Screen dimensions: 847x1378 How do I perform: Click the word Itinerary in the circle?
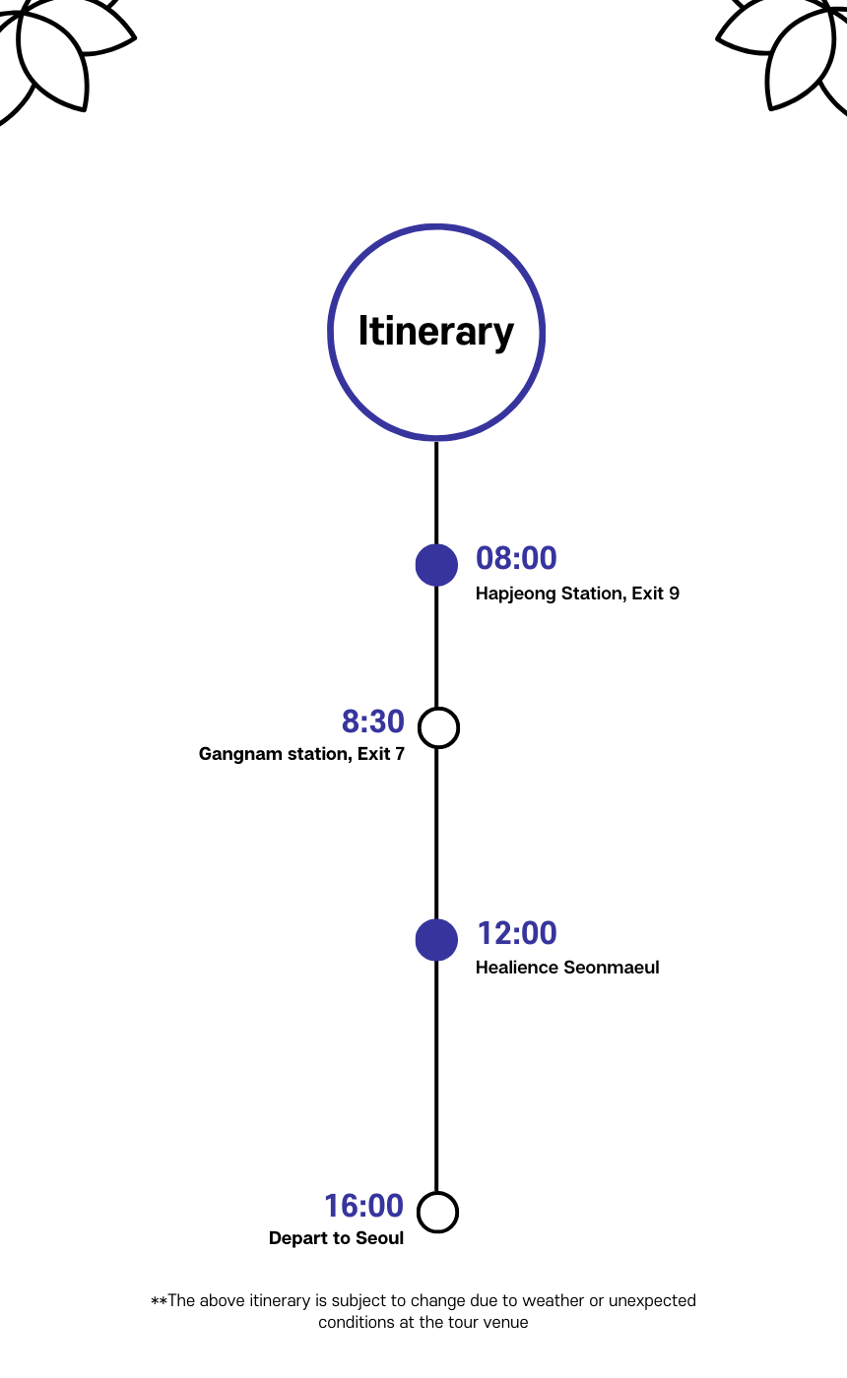435,332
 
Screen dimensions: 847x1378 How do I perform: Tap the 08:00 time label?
516,558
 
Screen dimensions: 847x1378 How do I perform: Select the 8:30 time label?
372,721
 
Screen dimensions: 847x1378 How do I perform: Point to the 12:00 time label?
517,933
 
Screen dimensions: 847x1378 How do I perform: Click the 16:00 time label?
363,1206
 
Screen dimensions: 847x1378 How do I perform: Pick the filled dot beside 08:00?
436,565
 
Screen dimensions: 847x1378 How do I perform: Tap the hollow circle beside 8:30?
438,727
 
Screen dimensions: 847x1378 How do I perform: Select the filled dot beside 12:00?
436,940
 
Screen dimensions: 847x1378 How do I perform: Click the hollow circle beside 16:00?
438,1212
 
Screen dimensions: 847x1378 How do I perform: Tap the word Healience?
517,968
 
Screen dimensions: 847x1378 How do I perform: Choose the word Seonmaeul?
612,968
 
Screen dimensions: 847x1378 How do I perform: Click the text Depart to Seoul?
336,1238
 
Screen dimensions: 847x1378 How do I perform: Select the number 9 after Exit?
674,595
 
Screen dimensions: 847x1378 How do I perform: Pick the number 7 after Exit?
399,755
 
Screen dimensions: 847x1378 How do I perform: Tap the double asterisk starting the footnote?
158,1301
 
